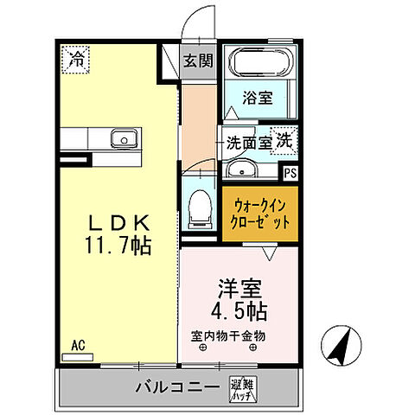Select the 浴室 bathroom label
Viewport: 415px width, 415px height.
pos(258,98)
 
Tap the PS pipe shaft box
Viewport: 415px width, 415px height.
pos(290,172)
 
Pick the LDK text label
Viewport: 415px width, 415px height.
pos(119,220)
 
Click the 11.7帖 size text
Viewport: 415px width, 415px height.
pos(119,246)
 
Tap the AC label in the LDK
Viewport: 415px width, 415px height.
pos(78,345)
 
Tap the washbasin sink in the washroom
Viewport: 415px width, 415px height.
pos(243,168)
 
